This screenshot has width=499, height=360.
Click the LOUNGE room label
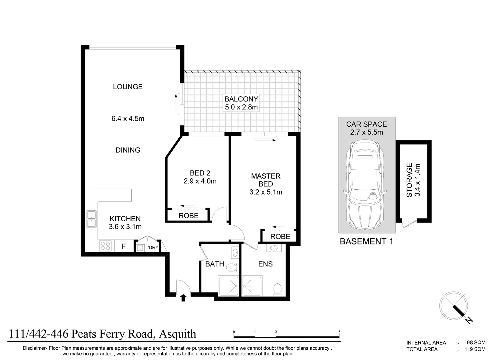click(128, 87)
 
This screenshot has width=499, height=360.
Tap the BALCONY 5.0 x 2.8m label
click(241, 103)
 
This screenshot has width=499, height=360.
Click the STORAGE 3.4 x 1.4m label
click(413, 180)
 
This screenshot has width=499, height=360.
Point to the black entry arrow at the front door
click(183, 298)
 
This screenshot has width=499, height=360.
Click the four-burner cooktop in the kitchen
click(105, 246)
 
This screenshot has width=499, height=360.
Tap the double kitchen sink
click(92, 219)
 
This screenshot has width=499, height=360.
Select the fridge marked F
click(124, 246)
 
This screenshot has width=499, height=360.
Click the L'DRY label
click(152, 247)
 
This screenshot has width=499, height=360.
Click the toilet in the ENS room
click(277, 289)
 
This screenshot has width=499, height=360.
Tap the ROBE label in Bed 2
click(188, 216)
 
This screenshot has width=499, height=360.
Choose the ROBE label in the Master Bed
click(280, 237)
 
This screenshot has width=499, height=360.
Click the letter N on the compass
click(469, 321)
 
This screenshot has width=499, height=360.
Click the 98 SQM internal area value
click(476, 343)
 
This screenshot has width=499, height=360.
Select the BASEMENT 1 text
click(366, 241)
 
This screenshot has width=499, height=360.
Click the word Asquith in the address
click(178, 334)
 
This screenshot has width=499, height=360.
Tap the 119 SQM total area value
click(475, 349)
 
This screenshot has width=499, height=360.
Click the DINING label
click(128, 150)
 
